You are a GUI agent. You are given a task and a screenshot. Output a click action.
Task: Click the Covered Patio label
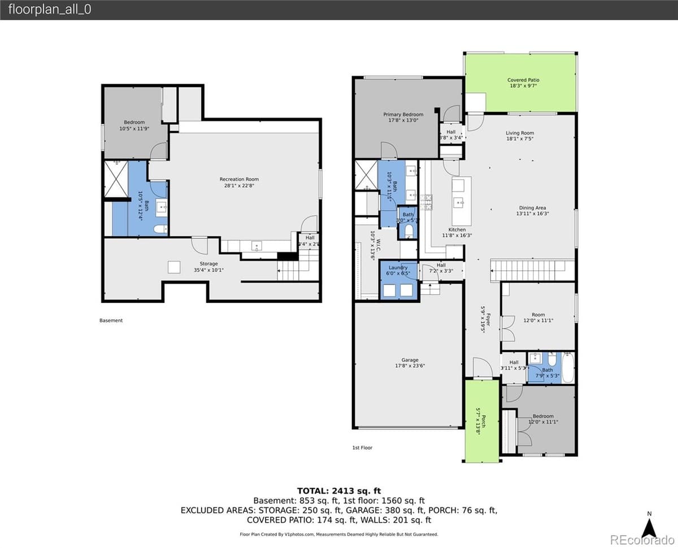point(523,80)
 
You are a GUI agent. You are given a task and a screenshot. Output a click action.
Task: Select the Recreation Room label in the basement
point(239,180)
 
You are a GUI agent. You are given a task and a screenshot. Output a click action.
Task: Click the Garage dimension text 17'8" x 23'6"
point(410,366)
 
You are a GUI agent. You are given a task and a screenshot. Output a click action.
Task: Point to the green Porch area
point(481,421)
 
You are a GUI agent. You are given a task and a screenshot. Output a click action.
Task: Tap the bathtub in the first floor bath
point(568,368)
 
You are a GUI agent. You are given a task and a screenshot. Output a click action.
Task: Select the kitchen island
point(461,201)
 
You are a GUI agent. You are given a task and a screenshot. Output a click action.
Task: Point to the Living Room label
point(519,133)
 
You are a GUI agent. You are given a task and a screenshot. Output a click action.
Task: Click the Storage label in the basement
point(208,264)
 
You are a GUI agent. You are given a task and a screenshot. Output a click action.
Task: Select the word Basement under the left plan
point(111,320)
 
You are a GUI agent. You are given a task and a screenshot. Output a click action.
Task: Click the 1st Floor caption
point(362,447)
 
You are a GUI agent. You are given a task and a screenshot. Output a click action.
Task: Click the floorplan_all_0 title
point(50,10)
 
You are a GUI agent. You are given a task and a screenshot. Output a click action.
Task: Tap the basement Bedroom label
point(134,123)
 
